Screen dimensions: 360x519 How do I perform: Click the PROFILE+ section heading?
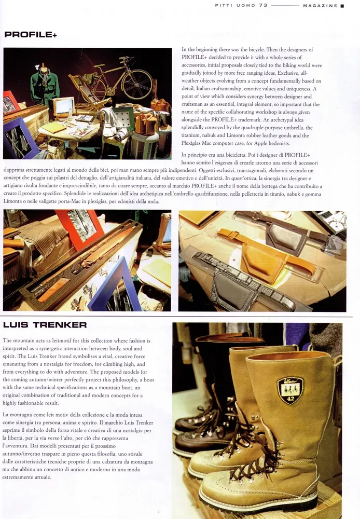(31, 34)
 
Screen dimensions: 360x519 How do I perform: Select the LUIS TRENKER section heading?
(45, 325)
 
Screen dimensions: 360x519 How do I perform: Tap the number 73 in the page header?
(264, 5)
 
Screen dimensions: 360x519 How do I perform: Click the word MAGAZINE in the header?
(320, 6)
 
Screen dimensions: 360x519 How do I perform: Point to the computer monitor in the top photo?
(64, 106)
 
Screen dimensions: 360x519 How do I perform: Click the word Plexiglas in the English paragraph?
(192, 143)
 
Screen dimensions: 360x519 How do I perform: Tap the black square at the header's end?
(342, 6)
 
